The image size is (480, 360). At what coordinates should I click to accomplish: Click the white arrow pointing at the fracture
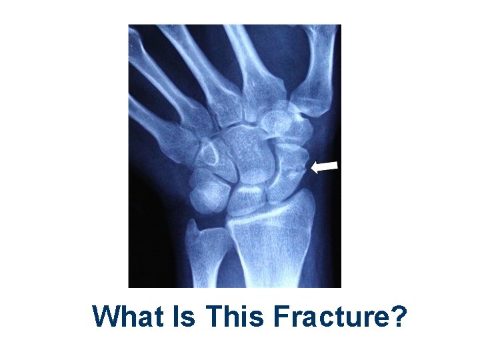tap(325, 167)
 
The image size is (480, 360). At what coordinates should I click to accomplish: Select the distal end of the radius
tap(273, 220)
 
